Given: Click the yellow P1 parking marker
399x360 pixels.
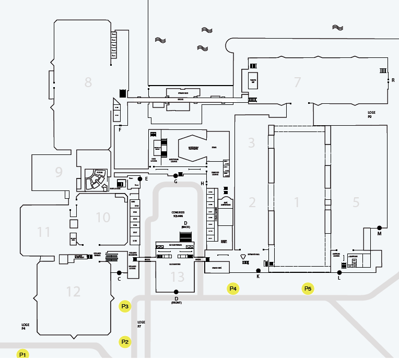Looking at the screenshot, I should [x=22, y=354].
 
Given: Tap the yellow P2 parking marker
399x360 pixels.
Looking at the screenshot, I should [x=125, y=342].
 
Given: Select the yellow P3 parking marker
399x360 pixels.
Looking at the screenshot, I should [x=125, y=306].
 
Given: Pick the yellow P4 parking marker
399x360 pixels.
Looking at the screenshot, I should [x=233, y=289].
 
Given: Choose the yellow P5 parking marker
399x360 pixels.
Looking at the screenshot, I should [x=308, y=289].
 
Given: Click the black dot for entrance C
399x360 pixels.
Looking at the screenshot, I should [x=119, y=273].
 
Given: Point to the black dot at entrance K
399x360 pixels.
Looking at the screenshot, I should [x=258, y=270].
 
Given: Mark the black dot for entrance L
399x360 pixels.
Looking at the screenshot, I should [x=339, y=272].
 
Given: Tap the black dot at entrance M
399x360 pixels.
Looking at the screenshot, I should [x=379, y=227].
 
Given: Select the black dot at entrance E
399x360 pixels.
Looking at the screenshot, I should [x=140, y=179].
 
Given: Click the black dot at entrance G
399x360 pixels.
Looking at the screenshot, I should [x=175, y=176].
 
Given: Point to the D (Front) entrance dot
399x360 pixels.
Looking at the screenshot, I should [x=176, y=292].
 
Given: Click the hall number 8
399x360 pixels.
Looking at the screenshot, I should [x=88, y=82].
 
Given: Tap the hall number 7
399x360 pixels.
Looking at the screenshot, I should [x=298, y=82].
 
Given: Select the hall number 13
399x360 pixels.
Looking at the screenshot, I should [x=178, y=276].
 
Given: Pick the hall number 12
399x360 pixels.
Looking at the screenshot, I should [x=73, y=291].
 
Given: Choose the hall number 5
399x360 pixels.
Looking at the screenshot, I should [x=356, y=202].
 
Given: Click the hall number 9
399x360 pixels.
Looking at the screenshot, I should [x=58, y=171].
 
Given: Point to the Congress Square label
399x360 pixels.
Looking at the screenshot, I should [x=178, y=214].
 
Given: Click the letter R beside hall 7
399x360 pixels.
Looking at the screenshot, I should [x=393, y=80].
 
